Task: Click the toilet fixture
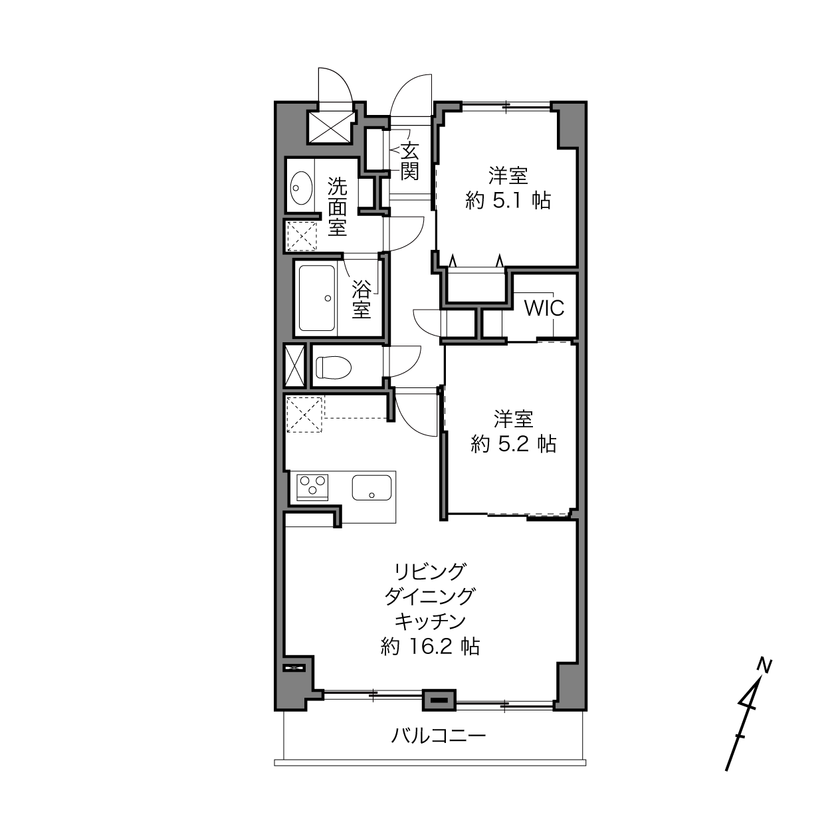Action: point(334,367)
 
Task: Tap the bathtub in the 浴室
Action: point(317,298)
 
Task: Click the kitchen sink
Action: point(371,488)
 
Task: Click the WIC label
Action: point(544,308)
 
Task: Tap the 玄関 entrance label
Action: point(409,161)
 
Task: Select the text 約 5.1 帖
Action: point(508,201)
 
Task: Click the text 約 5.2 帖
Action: point(514,444)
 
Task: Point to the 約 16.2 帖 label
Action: point(430,647)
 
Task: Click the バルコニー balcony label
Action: point(438,735)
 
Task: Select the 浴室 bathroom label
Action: point(362,299)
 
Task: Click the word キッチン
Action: point(430,621)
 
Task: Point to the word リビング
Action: point(430,572)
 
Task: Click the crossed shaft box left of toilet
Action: point(295,365)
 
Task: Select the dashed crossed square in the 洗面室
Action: point(302,236)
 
